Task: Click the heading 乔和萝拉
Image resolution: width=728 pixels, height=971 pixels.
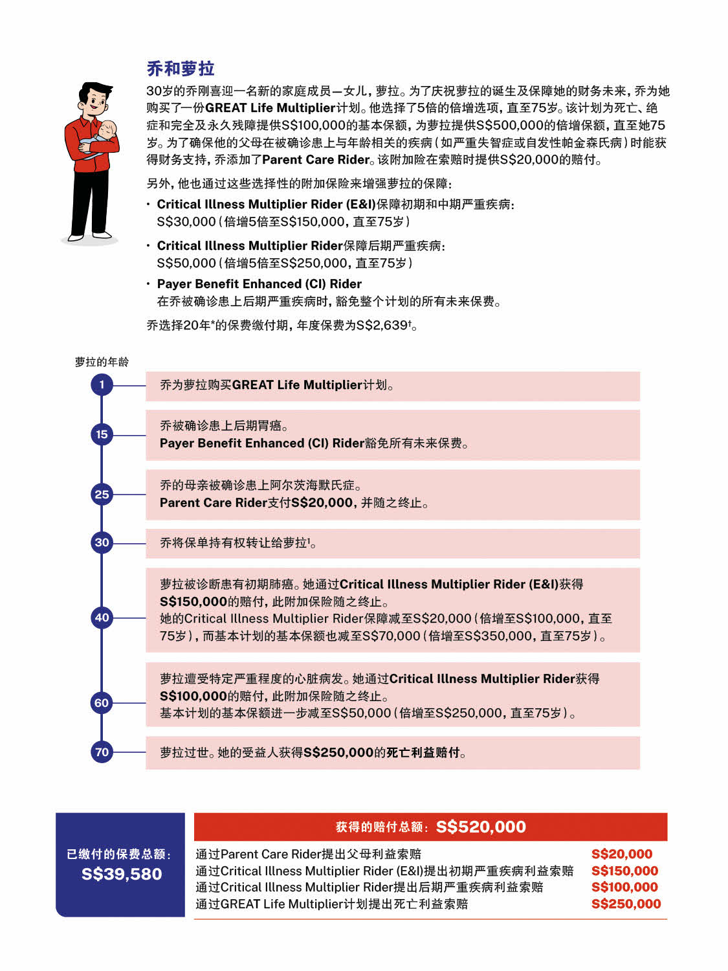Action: click(x=180, y=69)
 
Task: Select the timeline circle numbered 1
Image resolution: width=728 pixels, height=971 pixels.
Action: click(x=102, y=385)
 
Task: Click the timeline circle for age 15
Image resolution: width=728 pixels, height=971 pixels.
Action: click(x=102, y=434)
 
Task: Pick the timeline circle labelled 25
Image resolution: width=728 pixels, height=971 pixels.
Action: click(x=102, y=495)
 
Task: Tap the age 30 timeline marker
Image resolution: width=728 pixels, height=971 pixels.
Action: click(x=102, y=542)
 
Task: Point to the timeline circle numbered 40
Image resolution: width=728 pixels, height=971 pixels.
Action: click(x=102, y=618)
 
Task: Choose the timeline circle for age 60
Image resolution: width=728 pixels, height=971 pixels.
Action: click(x=102, y=703)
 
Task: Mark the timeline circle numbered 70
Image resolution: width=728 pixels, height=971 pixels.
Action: click(x=102, y=752)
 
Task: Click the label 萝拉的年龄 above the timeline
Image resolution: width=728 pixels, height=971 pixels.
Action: click(x=102, y=362)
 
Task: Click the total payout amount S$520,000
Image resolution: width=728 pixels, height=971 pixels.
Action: click(x=481, y=827)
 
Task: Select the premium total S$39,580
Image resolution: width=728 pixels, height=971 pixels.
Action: click(x=122, y=874)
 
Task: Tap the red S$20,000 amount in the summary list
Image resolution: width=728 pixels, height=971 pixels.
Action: click(x=621, y=854)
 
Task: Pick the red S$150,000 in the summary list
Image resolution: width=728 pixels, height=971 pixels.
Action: click(x=624, y=871)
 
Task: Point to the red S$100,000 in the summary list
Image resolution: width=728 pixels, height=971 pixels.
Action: click(x=624, y=887)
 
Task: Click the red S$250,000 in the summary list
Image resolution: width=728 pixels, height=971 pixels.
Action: click(x=626, y=904)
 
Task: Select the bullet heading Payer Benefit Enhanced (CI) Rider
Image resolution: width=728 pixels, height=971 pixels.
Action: click(x=259, y=284)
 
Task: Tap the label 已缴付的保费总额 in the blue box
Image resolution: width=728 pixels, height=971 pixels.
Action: click(x=118, y=854)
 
